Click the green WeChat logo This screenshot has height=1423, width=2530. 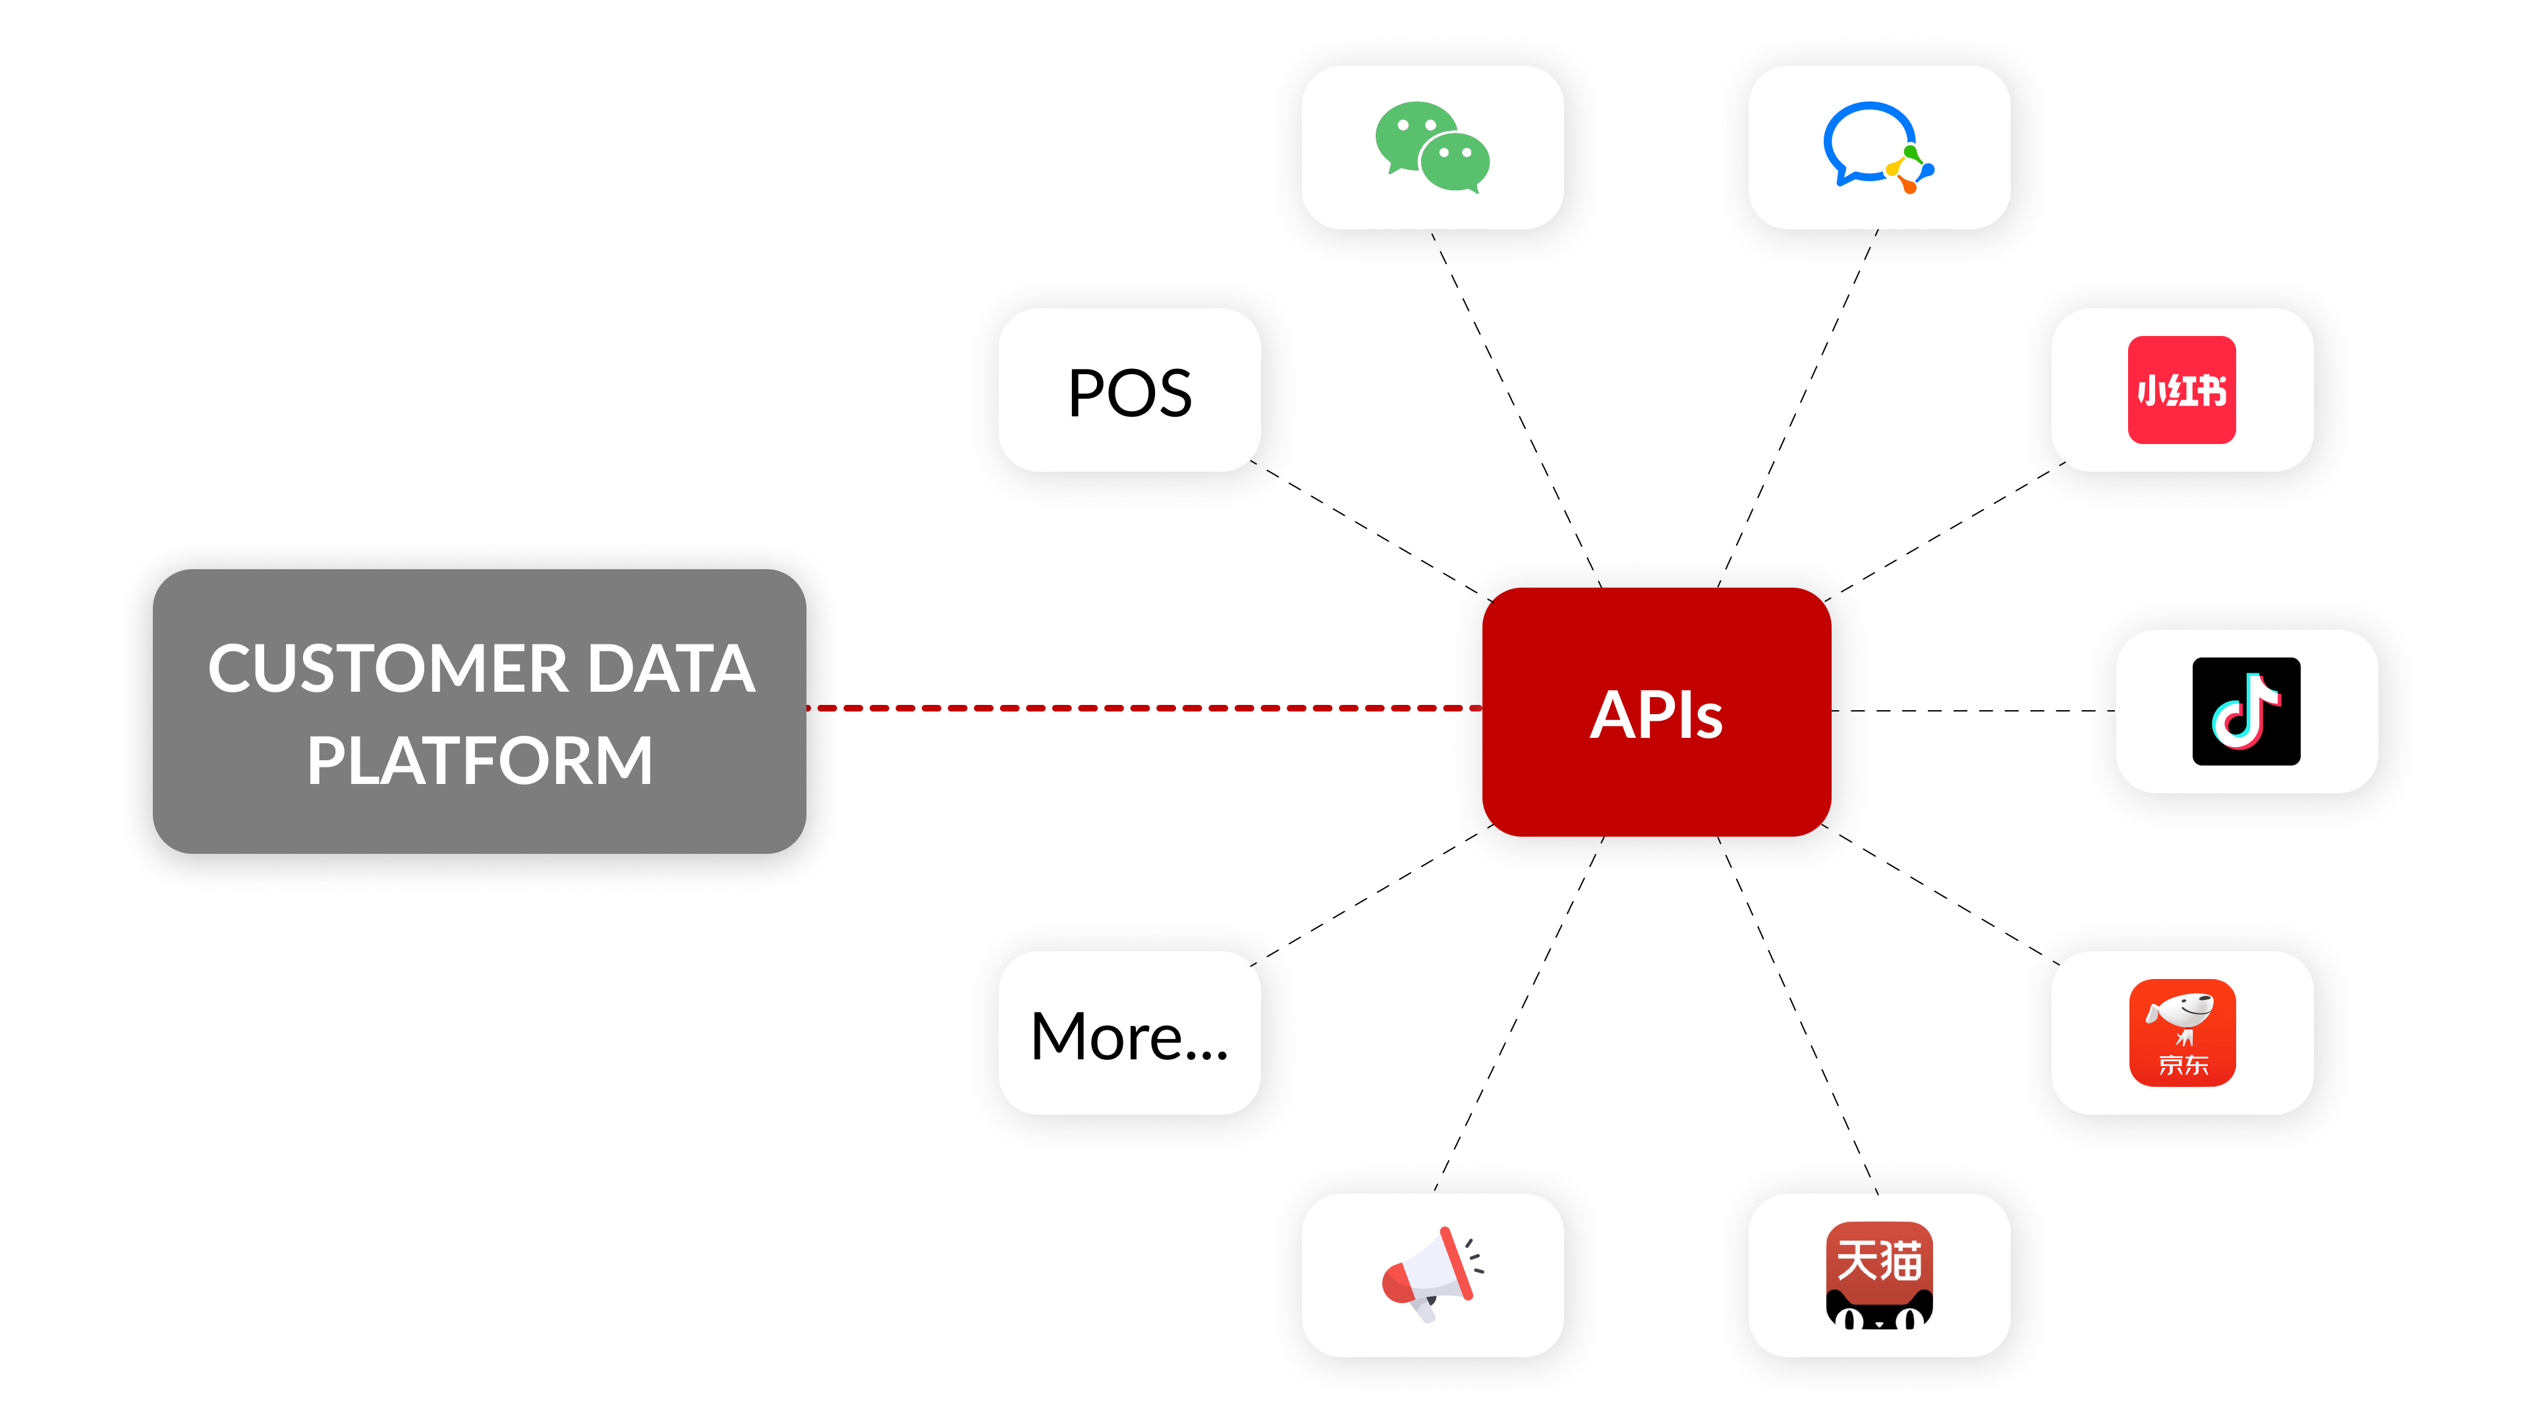(x=1432, y=148)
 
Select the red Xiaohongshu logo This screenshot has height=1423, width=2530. (x=2181, y=390)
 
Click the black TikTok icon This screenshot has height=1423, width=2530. (x=2246, y=711)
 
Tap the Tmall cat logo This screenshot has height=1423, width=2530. (x=1879, y=1275)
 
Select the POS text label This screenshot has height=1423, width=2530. (x=1129, y=393)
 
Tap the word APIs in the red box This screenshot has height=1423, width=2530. (x=1656, y=714)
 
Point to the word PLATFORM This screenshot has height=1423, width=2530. (x=479, y=760)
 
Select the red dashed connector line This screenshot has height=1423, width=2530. (x=1139, y=707)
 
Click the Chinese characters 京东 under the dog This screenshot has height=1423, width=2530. (x=2182, y=1065)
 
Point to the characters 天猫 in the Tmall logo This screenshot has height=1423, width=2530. (x=1879, y=1260)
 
